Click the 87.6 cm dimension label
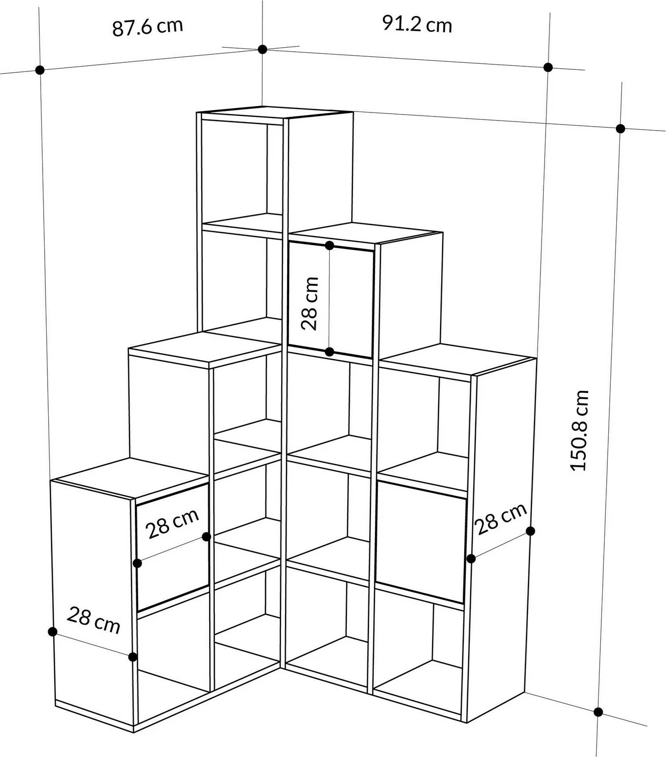click(148, 27)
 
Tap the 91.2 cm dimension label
click(417, 24)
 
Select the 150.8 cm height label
click(579, 430)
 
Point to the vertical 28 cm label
click(310, 304)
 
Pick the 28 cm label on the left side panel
click(93, 620)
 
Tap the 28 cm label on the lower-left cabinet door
click(172, 523)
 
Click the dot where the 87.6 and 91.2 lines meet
click(262, 49)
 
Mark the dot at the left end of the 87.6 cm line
click(40, 70)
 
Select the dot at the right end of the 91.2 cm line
click(548, 67)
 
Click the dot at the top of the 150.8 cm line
click(620, 129)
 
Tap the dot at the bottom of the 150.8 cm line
click(598, 712)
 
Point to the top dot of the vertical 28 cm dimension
click(329, 246)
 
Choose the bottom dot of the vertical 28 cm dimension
click(329, 352)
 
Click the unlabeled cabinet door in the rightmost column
click(421, 542)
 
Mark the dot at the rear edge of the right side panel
click(530, 531)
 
